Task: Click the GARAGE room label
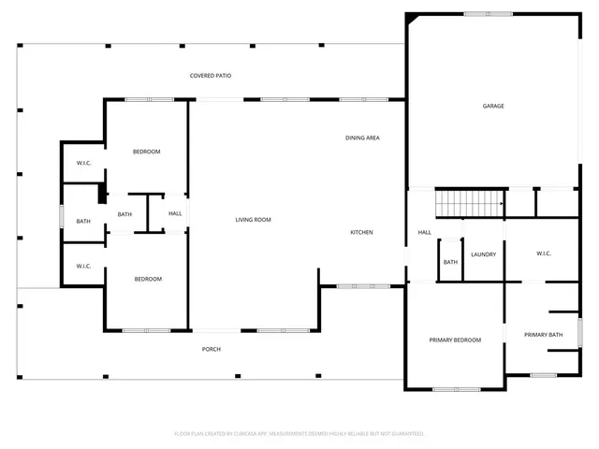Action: tap(493, 106)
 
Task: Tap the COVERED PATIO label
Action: tap(211, 76)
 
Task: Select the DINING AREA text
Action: tap(362, 138)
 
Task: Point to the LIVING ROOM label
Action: tap(253, 220)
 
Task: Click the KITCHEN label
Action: tap(362, 232)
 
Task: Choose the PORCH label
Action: tap(212, 349)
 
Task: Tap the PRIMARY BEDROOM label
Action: tap(455, 340)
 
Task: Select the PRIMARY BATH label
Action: tap(543, 335)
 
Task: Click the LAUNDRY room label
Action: tap(483, 254)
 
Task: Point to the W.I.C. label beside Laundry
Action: tap(545, 253)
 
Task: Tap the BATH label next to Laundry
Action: tap(450, 262)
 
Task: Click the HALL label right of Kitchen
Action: tap(424, 232)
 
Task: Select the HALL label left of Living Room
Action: tap(175, 213)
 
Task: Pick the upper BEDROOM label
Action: tap(146, 152)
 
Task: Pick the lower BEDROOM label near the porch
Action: tap(147, 279)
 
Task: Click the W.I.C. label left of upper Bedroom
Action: tap(83, 163)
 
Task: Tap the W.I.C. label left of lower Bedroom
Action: tap(83, 266)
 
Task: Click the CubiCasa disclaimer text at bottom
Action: tap(299, 433)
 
